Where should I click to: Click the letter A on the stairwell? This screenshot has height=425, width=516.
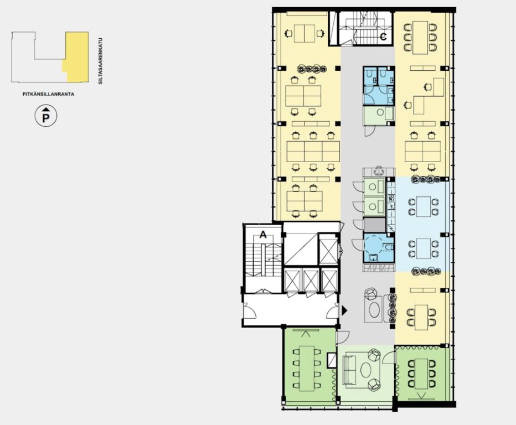pyautogui.click(x=263, y=235)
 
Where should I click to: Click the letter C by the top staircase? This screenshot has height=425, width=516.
pyautogui.click(x=383, y=37)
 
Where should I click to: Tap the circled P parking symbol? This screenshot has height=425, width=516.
pyautogui.click(x=46, y=116)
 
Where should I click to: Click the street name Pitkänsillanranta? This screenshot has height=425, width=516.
pyautogui.click(x=48, y=94)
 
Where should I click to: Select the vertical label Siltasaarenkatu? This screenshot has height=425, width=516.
pyautogui.click(x=101, y=61)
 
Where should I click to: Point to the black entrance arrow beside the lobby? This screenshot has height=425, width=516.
pyautogui.click(x=344, y=310)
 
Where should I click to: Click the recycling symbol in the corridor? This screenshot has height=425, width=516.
pyautogui.click(x=379, y=171)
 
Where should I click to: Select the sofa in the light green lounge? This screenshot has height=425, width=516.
pyautogui.click(x=348, y=370)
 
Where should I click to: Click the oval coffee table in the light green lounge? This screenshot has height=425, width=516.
pyautogui.click(x=366, y=370)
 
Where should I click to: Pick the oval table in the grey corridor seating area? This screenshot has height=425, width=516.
pyautogui.click(x=374, y=310)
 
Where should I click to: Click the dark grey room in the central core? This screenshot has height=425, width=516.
pyautogui.click(x=374, y=225)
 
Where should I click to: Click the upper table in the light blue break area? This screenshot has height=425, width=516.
pyautogui.click(x=424, y=206)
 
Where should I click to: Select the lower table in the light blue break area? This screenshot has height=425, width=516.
pyautogui.click(x=424, y=248)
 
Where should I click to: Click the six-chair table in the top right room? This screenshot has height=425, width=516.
pyautogui.click(x=420, y=38)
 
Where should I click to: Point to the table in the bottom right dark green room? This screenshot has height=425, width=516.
pyautogui.click(x=421, y=374)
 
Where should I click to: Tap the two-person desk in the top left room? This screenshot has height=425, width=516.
pyautogui.click(x=305, y=34)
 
